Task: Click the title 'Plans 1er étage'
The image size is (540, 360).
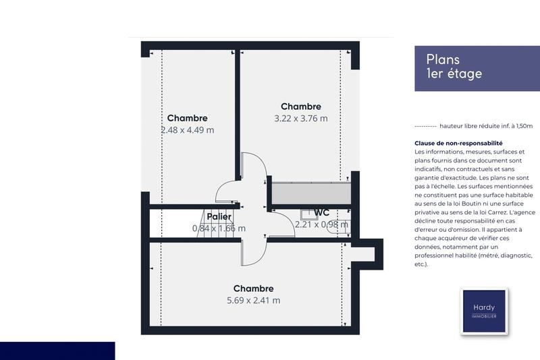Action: [454, 67]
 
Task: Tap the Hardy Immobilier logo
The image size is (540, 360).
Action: [483, 311]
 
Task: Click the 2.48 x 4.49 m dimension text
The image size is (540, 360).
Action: [188, 130]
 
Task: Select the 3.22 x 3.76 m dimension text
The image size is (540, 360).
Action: [301, 119]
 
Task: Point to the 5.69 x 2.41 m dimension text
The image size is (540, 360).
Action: [253, 301]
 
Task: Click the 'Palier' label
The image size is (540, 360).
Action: [219, 216]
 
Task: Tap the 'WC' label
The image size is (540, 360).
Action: [321, 213]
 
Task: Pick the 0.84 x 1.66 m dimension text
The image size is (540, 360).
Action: [219, 228]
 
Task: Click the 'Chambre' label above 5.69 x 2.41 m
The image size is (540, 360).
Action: [253, 289]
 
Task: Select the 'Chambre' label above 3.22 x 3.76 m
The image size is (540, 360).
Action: [301, 107]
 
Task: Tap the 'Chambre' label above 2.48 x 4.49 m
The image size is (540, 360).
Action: [188, 118]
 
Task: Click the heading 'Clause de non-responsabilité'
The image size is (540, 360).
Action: [459, 144]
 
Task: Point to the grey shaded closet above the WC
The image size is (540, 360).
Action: [311, 192]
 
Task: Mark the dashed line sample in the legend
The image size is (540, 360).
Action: [425, 126]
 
